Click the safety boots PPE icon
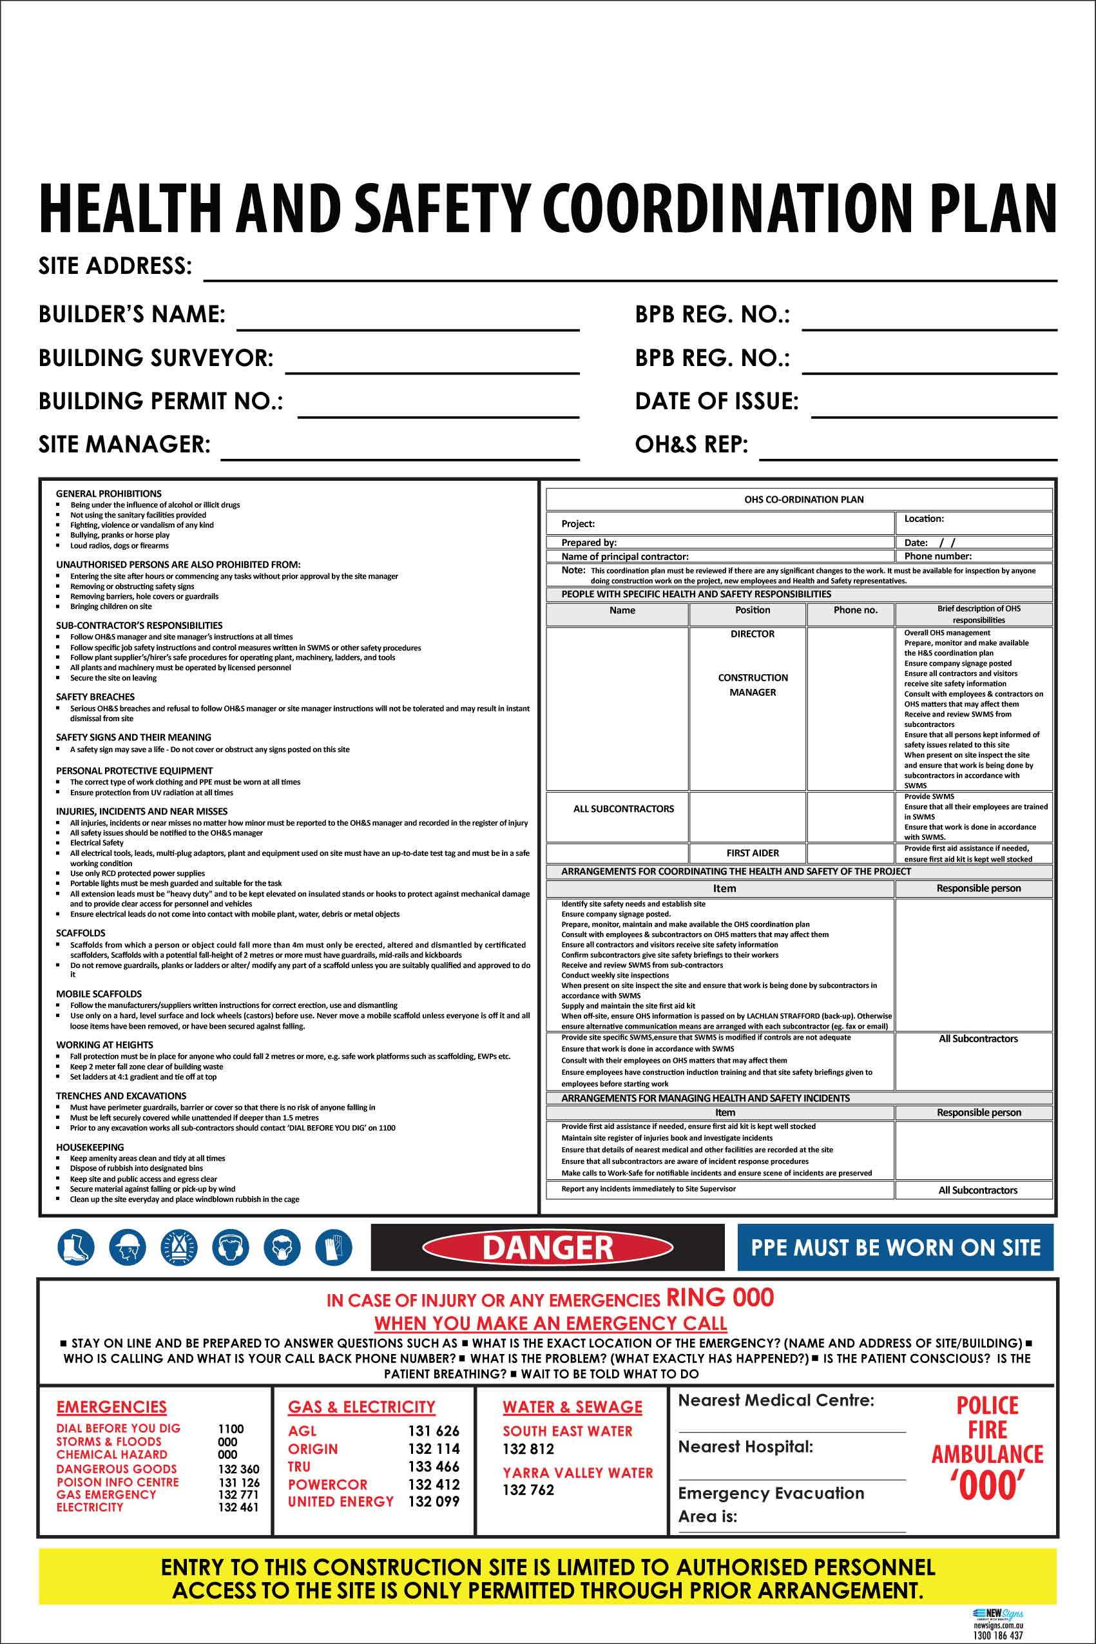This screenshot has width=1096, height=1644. point(75,1247)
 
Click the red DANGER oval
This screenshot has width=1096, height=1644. point(547,1248)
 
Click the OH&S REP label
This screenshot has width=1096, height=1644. point(691,445)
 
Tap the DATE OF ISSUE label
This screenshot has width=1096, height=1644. point(716,401)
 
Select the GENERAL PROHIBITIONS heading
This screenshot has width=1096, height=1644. point(108,494)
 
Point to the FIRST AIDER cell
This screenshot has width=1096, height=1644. point(752,853)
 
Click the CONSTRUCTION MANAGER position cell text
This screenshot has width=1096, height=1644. point(752,685)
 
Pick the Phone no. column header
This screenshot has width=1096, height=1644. point(855,610)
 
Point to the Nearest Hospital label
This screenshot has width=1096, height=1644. point(745,1447)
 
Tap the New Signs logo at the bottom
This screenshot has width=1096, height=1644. point(998,1614)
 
